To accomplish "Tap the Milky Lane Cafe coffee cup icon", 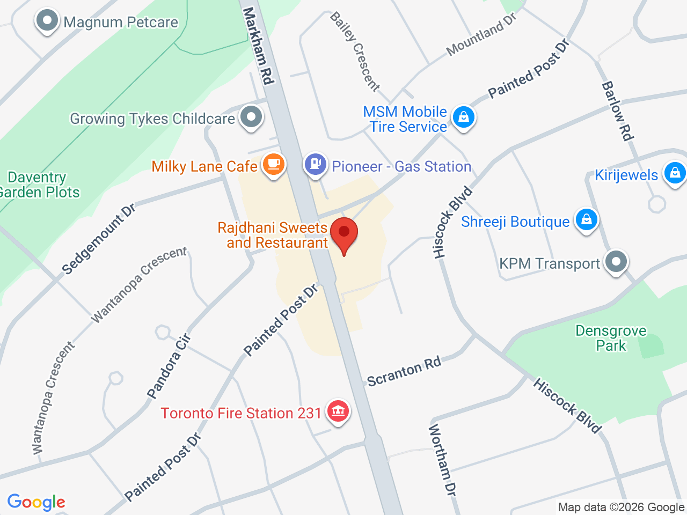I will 273,164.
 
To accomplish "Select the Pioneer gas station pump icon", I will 316,164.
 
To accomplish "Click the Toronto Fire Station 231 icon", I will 338,411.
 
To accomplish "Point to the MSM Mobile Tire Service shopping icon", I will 464,116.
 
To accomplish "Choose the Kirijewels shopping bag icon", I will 675,173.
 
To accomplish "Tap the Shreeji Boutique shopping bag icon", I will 587,219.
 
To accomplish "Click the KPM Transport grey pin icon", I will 616,262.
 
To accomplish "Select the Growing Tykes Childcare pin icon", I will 251,116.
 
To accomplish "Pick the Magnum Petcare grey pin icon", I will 47,21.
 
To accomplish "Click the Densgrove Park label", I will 611,338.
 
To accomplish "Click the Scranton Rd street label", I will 404,371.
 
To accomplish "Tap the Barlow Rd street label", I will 617,111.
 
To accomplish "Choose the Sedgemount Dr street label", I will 98,239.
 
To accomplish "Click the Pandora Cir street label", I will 169,366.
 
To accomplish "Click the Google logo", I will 36,502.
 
